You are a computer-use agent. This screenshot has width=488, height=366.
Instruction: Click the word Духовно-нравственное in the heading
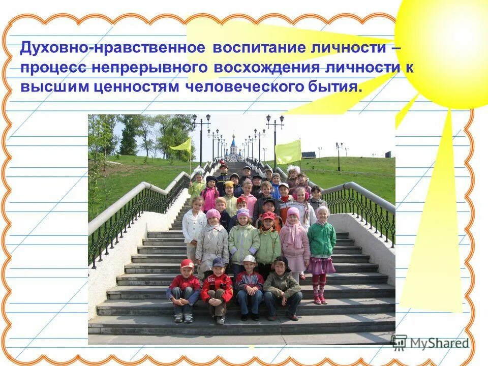[x=113, y=48]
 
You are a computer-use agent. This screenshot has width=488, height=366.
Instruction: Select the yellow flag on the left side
[x=181, y=145]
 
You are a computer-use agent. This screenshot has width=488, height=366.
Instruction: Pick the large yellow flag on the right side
[x=288, y=151]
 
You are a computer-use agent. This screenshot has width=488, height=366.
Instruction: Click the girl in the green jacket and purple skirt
[x=322, y=244]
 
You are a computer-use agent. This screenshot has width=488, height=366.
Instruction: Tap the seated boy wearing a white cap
[x=249, y=286]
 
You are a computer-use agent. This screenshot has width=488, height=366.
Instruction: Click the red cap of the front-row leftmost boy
[x=187, y=263]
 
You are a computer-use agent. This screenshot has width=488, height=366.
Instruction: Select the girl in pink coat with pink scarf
[x=294, y=239]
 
